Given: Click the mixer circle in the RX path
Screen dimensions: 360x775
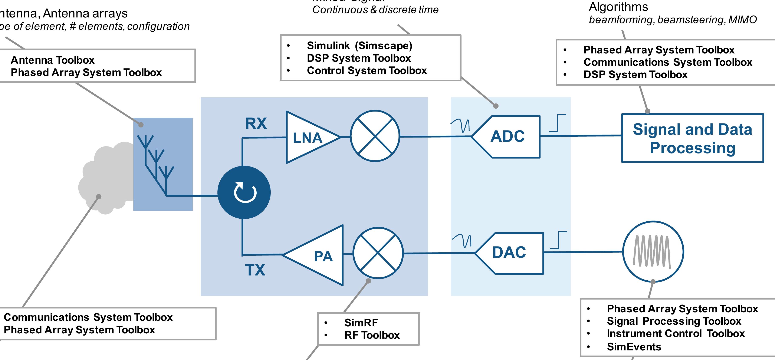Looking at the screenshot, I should point(375,136).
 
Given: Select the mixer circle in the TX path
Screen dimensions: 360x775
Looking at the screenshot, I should point(378,253).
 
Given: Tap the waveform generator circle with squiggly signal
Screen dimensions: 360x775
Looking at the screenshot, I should point(653,252).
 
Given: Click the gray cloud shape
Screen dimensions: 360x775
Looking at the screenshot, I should point(105,181).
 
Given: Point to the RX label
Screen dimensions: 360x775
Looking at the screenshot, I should point(256,123).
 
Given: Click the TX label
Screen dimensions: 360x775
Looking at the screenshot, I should point(255,270).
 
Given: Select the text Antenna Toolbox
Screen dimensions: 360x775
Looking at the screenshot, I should point(53,60).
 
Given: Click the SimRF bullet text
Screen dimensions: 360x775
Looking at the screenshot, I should point(361,323).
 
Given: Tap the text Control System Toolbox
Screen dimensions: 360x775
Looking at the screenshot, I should point(367,71).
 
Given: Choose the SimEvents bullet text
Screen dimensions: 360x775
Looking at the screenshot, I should point(634,347).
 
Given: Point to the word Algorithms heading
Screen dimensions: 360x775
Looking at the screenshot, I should point(618,7).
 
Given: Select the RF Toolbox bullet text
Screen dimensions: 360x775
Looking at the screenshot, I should point(372,335).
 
